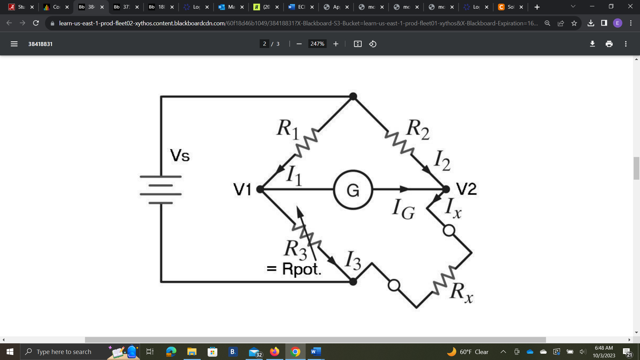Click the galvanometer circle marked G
coord(353,190)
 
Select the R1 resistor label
coord(288,129)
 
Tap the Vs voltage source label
coord(180,156)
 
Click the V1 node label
coord(242,190)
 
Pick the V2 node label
coord(466,189)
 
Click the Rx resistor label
coord(461,292)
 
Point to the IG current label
coord(403,209)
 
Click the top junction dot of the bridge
coord(353,97)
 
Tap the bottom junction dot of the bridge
coord(353,282)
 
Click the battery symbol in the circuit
coord(161,190)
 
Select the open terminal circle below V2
coord(449,230)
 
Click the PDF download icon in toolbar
coord(592,44)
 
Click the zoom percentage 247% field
coord(317,44)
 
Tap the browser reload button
coord(36,23)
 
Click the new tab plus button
coord(537,7)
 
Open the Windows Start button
coord(10,352)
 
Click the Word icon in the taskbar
coord(316,352)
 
